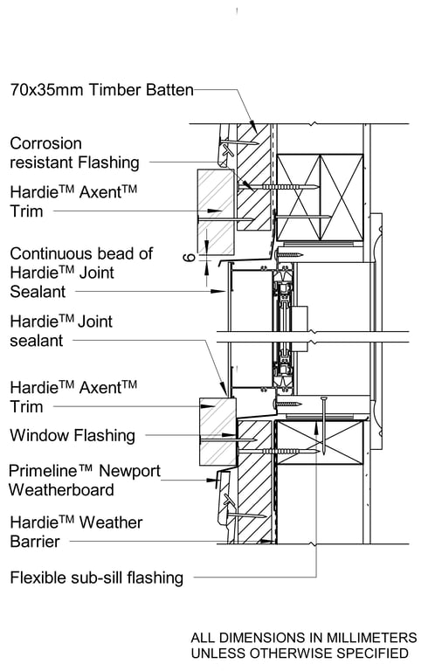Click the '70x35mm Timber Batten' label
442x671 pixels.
click(x=102, y=90)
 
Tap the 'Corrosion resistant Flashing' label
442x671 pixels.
click(x=74, y=153)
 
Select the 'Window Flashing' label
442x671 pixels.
click(x=73, y=435)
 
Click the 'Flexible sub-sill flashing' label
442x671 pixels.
click(x=97, y=578)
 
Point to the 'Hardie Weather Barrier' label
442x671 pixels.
click(x=76, y=532)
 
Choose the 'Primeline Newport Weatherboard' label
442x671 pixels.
click(x=84, y=481)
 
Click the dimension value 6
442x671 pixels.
click(x=190, y=257)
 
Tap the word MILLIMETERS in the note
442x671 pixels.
click(x=371, y=638)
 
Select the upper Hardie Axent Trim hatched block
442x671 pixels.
click(x=216, y=211)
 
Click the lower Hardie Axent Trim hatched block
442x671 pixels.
click(x=218, y=432)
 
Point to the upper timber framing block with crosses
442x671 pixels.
click(x=320, y=197)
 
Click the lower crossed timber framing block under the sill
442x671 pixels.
click(x=319, y=443)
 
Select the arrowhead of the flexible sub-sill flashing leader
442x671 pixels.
click(x=316, y=425)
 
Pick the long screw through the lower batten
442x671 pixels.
click(x=278, y=451)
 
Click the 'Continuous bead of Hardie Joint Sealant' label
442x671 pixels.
click(x=81, y=273)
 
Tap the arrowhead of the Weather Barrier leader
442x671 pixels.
click(x=267, y=542)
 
